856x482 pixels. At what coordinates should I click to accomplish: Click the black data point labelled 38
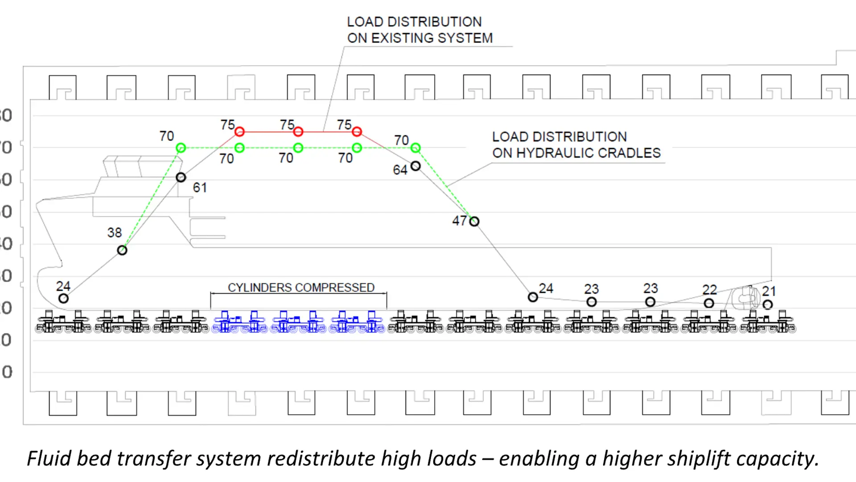click(122, 250)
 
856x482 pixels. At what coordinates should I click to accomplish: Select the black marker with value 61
click(181, 178)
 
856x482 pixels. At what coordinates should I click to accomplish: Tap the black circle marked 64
click(416, 166)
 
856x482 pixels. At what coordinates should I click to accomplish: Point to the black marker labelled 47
click(474, 221)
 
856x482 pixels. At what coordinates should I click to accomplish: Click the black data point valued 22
click(709, 303)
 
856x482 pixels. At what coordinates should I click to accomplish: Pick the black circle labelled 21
click(767, 305)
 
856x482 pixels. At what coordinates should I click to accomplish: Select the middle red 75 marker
click(298, 132)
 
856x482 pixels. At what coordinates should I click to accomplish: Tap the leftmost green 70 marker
click(181, 148)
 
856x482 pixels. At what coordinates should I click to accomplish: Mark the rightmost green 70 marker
click(416, 148)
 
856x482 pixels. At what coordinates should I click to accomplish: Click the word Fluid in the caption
click(49, 459)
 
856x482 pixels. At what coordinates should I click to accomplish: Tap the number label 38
click(114, 233)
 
